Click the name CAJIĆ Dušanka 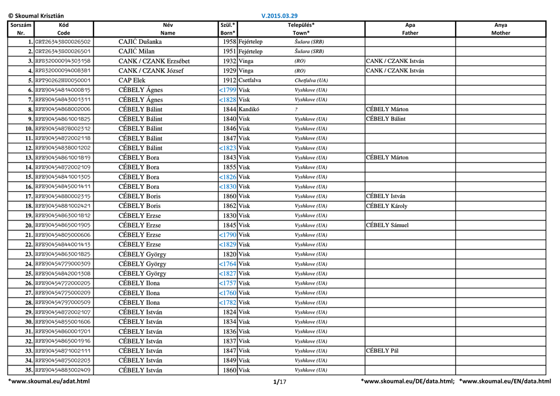click(x=140, y=42)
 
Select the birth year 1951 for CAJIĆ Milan click(x=230, y=51)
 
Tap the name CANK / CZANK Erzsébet click(x=154, y=61)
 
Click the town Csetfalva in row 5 click(x=250, y=80)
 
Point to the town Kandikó click(x=249, y=109)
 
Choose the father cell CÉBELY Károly click(x=387, y=206)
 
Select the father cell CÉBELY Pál click(x=382, y=351)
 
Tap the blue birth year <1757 click(x=227, y=283)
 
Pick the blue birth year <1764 click(x=227, y=264)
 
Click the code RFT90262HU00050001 click(x=63, y=80)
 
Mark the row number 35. click(x=28, y=370)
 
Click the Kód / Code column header click(x=63, y=29)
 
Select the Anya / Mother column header click(x=500, y=29)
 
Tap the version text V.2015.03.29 click(x=280, y=16)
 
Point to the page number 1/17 click(x=279, y=381)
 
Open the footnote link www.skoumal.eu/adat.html click(x=49, y=381)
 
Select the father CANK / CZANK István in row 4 click(x=395, y=71)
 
